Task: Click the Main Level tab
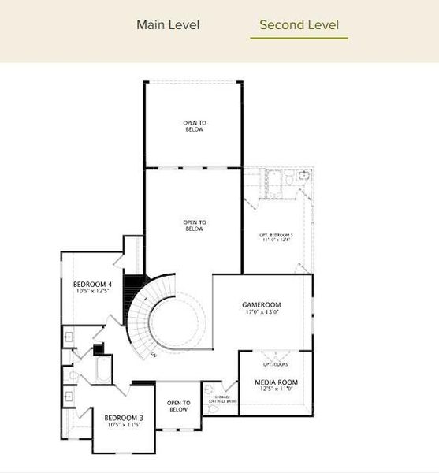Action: (168, 24)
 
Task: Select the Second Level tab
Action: (299, 24)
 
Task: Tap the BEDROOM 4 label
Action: (92, 284)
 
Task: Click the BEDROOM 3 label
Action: (124, 418)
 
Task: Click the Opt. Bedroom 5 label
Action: (277, 235)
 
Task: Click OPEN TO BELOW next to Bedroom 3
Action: (179, 407)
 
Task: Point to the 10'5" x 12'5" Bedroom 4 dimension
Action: (92, 292)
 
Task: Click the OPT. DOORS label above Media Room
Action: (275, 365)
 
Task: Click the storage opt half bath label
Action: (220, 400)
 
